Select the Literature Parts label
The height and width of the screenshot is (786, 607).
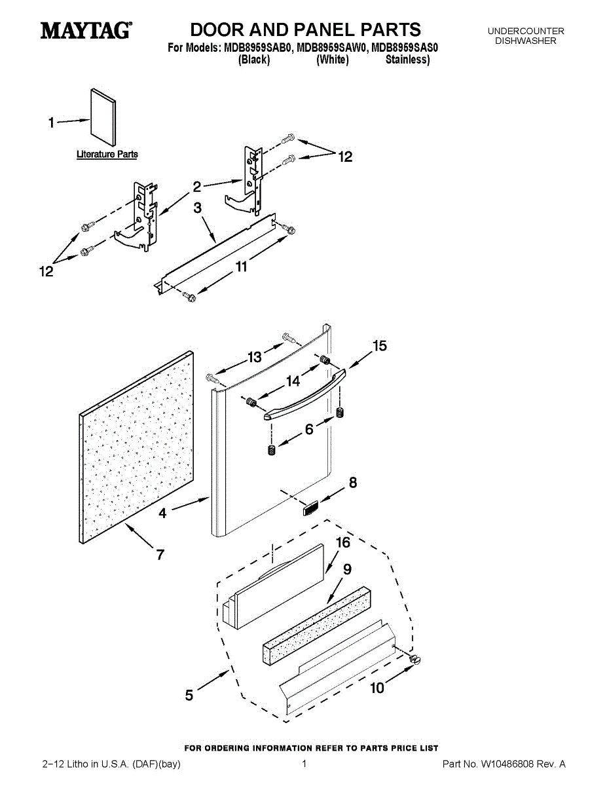107,155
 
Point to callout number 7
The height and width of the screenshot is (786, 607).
160,555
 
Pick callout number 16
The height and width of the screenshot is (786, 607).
343,543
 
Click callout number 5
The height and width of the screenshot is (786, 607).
189,695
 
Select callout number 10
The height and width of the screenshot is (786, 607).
377,688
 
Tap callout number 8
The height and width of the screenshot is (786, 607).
353,483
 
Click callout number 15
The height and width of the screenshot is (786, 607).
380,346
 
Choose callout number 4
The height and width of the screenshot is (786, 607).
162,514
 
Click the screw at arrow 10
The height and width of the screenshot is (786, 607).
414,660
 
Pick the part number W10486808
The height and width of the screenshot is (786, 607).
508,764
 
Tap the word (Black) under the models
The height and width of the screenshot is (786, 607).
254,60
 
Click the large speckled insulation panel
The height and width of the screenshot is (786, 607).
137,447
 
